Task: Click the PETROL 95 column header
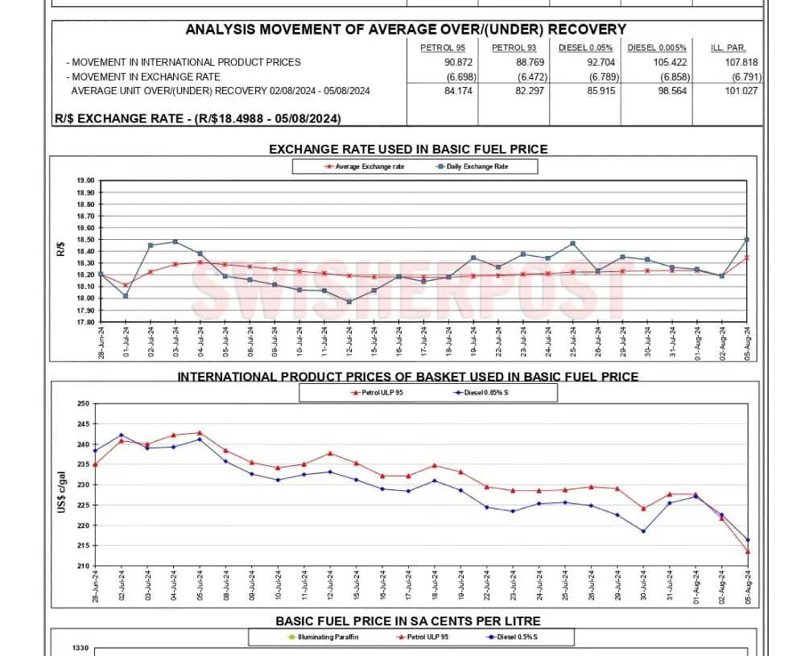point(442,48)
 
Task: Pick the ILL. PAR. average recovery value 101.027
point(743,91)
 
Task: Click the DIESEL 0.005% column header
point(656,48)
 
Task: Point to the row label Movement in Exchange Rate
point(144,76)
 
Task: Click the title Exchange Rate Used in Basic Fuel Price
point(407,149)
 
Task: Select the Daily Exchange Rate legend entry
point(477,167)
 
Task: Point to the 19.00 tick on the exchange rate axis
point(85,181)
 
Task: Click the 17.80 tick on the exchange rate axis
point(85,322)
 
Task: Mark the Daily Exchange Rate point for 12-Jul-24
point(349,302)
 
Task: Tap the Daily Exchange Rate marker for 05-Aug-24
point(747,240)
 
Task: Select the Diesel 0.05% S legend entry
point(484,393)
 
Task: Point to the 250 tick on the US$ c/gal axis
point(83,404)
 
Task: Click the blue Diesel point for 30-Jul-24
point(643,531)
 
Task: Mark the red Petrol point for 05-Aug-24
point(749,551)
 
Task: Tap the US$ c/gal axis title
point(62,485)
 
